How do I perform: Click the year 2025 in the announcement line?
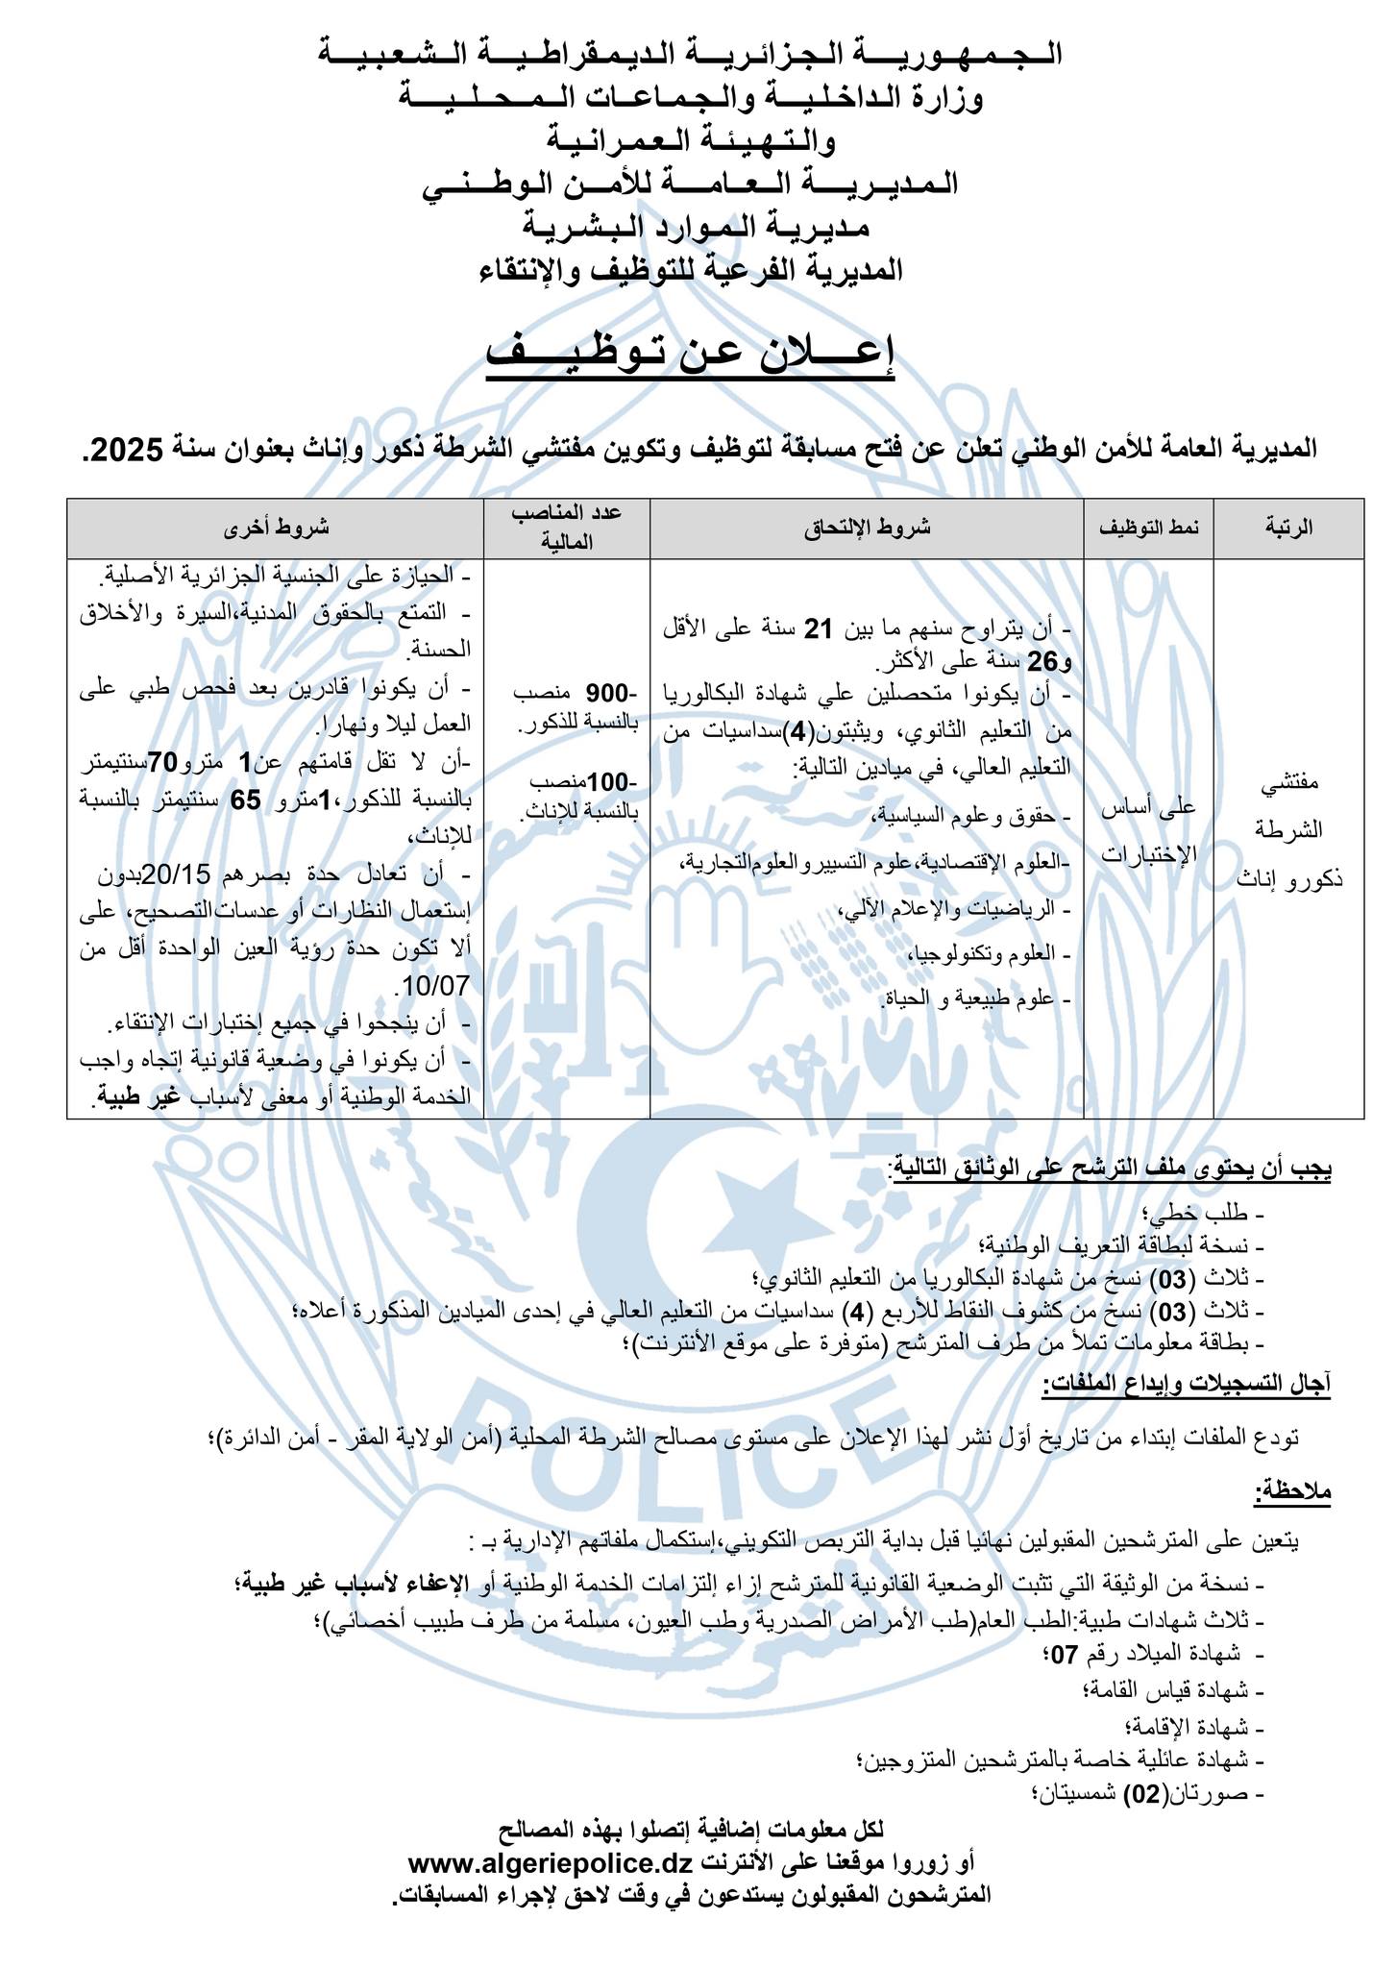click(x=128, y=449)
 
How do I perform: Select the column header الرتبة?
click(x=1288, y=528)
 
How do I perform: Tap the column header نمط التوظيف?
click(x=1148, y=528)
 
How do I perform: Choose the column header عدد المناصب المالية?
click(x=566, y=528)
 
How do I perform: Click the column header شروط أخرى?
click(x=275, y=528)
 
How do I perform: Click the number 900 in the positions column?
click(x=606, y=693)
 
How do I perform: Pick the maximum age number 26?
click(x=1042, y=661)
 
